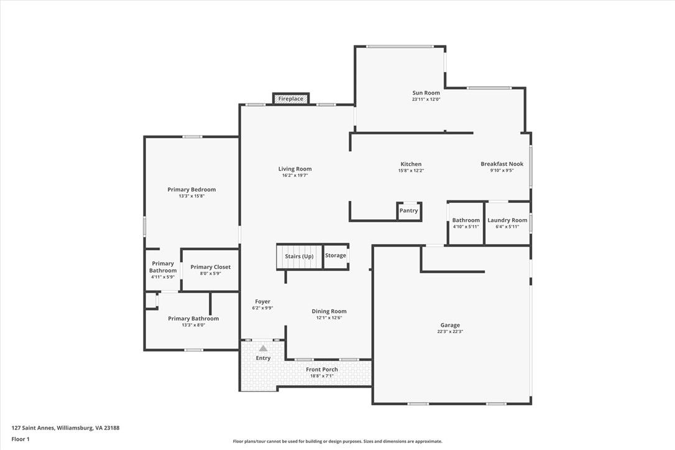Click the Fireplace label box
point(291,99)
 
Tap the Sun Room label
point(426,93)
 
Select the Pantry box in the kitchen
point(408,211)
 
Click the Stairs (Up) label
point(299,256)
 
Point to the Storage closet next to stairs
point(336,256)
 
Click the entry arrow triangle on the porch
point(263,349)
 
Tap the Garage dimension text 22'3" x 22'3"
point(450,332)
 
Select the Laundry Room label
point(507,220)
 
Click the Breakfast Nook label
point(502,164)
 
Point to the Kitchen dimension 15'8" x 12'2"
point(411,171)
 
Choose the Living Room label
point(295,169)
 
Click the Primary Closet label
point(211,267)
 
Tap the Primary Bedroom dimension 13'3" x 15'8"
point(191,195)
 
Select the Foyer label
point(262,302)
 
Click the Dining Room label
point(329,311)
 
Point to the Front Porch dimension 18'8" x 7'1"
point(322,376)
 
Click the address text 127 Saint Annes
point(33,428)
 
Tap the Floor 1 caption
point(21,439)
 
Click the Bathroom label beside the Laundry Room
point(466,220)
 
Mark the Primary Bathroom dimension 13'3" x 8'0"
point(193,325)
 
